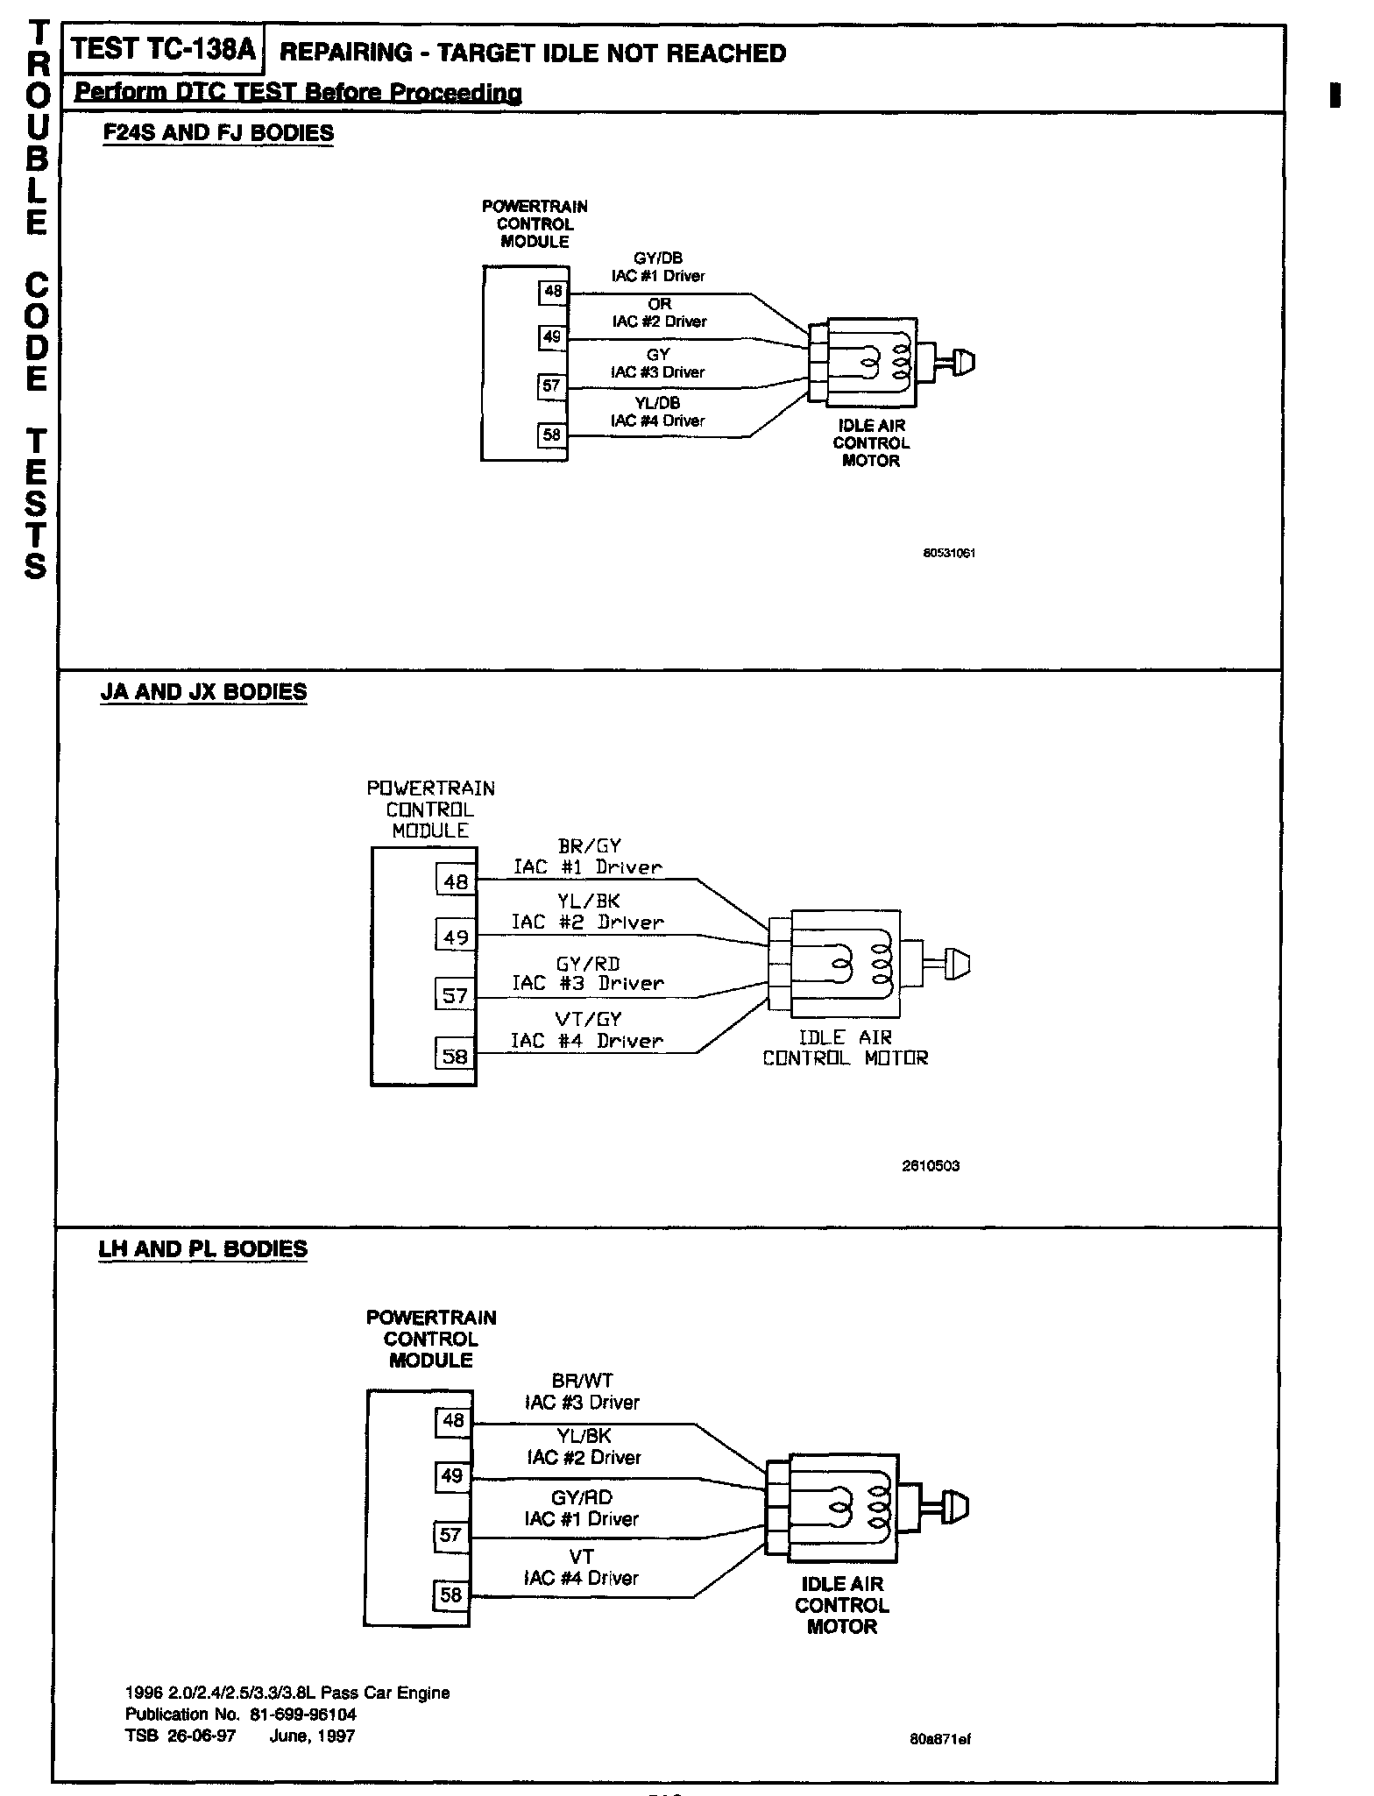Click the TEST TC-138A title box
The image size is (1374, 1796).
tap(162, 49)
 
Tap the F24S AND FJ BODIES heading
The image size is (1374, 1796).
tap(218, 133)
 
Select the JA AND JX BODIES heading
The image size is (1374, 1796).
tap(204, 691)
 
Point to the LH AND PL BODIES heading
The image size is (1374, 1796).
tap(203, 1248)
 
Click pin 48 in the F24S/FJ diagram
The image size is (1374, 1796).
tap(553, 292)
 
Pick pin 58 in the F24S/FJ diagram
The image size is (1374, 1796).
tap(552, 435)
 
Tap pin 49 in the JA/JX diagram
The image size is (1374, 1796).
tap(456, 937)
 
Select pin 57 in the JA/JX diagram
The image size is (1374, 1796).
tap(455, 995)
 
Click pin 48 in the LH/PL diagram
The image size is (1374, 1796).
tap(453, 1421)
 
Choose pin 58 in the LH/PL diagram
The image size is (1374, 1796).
tap(451, 1594)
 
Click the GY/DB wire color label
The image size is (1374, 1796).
tap(658, 258)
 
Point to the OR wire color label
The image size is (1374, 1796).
tap(660, 304)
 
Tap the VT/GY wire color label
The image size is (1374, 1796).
tap(588, 1019)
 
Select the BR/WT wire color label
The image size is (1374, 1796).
tap(583, 1381)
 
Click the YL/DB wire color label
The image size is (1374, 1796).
tap(658, 403)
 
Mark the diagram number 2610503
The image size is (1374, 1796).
tap(931, 1166)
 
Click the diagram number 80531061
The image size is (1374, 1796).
tap(950, 554)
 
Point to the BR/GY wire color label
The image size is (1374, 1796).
tap(589, 846)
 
